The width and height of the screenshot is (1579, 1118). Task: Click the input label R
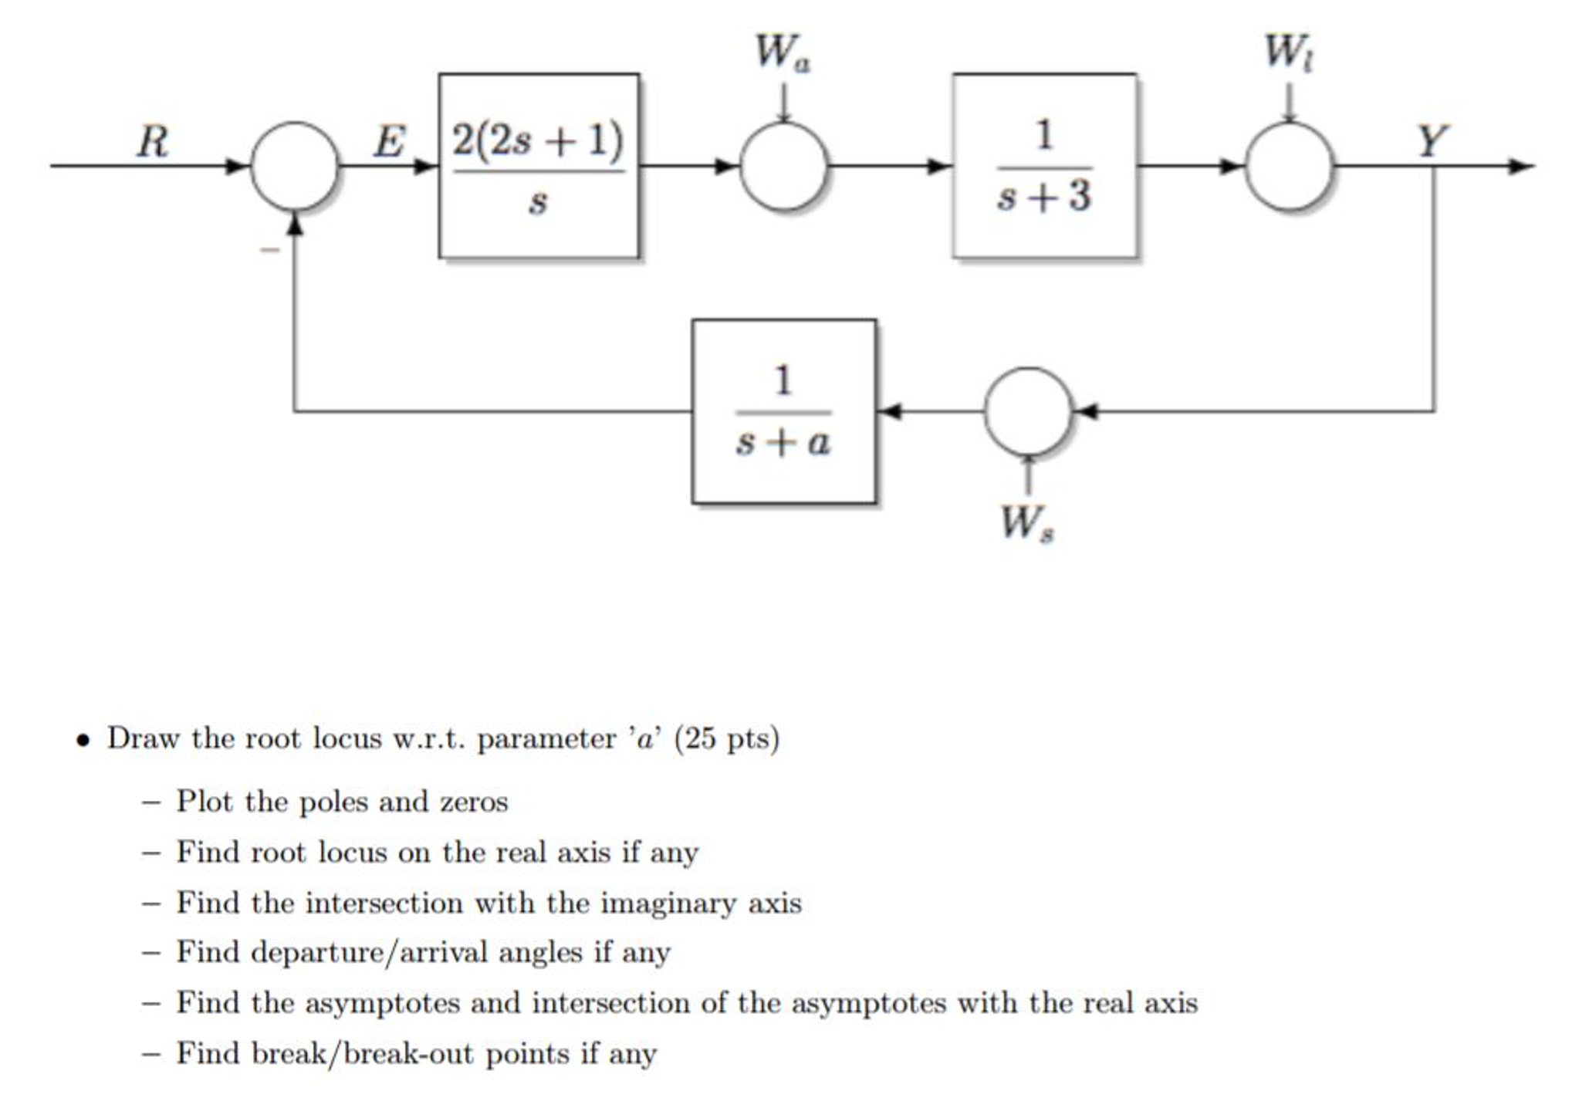[x=152, y=142]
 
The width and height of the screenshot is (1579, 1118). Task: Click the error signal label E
[x=389, y=142]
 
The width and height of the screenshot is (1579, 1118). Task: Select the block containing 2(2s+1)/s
[x=538, y=166]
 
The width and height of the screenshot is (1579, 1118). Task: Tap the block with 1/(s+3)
[x=1043, y=166]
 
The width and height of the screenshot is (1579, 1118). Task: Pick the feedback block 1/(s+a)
[x=783, y=411]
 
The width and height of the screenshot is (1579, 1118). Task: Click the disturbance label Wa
[x=782, y=52]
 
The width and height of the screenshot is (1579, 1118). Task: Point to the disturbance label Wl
[x=1287, y=52]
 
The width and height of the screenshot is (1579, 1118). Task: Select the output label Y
[x=1432, y=141]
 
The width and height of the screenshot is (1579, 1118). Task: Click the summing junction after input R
[x=294, y=166]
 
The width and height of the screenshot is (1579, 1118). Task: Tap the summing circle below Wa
[x=783, y=166]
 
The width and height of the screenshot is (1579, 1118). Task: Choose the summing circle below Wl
[x=1288, y=166]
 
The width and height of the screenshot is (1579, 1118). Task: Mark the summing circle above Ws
[x=1027, y=411]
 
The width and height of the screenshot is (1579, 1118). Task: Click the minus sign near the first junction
[x=269, y=249]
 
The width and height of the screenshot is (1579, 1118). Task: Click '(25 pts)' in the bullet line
[x=726, y=738]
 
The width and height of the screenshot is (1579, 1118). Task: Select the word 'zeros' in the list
[x=474, y=802]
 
